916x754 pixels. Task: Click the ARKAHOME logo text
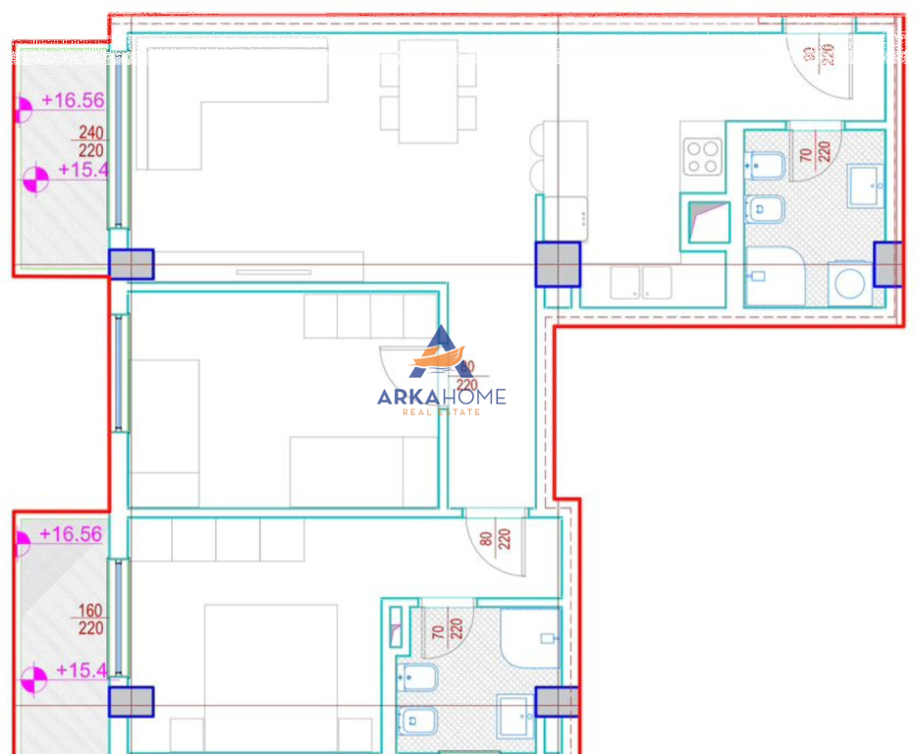click(x=442, y=397)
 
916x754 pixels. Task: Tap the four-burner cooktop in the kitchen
click(x=703, y=156)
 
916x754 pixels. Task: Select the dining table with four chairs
click(x=428, y=90)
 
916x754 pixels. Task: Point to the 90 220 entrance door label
click(x=819, y=54)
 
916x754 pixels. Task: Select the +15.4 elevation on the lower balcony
click(x=81, y=671)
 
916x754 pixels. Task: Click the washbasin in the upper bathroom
click(x=866, y=186)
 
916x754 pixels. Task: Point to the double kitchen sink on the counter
click(x=640, y=283)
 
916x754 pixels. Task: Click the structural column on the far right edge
click(x=888, y=263)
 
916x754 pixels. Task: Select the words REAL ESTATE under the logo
click(x=442, y=412)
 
